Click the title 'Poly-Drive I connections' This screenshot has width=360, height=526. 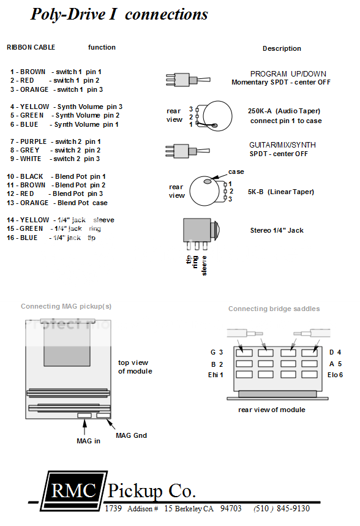click(x=119, y=15)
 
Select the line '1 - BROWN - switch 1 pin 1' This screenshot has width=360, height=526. click(x=56, y=72)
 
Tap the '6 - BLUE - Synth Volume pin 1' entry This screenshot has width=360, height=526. click(x=64, y=124)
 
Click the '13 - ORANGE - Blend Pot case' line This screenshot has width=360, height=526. click(x=57, y=203)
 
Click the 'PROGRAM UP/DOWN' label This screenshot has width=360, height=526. click(x=288, y=74)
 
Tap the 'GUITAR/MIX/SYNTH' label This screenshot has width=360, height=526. click(x=278, y=145)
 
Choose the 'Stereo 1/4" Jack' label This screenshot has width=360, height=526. click(x=276, y=230)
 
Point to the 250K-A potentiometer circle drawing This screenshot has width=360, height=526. click(x=218, y=116)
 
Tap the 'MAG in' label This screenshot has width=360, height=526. click(x=88, y=440)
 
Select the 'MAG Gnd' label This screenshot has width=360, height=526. click(x=131, y=435)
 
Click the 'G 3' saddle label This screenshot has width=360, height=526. click(x=216, y=352)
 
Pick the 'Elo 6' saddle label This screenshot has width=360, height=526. click(x=335, y=374)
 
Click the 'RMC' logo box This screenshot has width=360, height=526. click(x=73, y=490)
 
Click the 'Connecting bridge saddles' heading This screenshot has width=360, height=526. click(x=274, y=309)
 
